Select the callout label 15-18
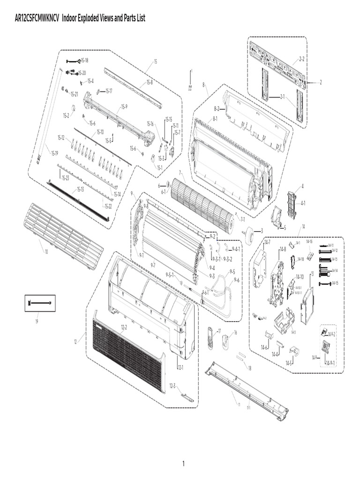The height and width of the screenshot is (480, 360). [x=84, y=60]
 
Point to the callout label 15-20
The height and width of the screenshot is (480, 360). [x=82, y=73]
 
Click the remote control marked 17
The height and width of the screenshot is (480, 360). [x=210, y=337]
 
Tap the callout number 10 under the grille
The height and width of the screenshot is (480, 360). [x=46, y=252]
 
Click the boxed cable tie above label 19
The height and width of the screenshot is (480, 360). [x=40, y=303]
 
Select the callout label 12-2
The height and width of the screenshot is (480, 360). [x=124, y=327]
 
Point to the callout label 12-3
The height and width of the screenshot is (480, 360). [x=172, y=386]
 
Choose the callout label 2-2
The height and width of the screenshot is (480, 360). [x=301, y=59]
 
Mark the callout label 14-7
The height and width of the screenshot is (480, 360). [x=267, y=242]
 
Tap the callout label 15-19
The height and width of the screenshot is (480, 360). [x=54, y=153]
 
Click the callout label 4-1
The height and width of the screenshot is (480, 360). [x=303, y=203]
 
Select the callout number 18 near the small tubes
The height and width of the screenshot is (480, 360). [x=249, y=368]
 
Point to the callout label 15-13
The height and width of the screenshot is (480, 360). [x=80, y=189]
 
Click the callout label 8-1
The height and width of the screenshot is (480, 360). [x=215, y=119]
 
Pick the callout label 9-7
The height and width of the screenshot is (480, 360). [x=153, y=265]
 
